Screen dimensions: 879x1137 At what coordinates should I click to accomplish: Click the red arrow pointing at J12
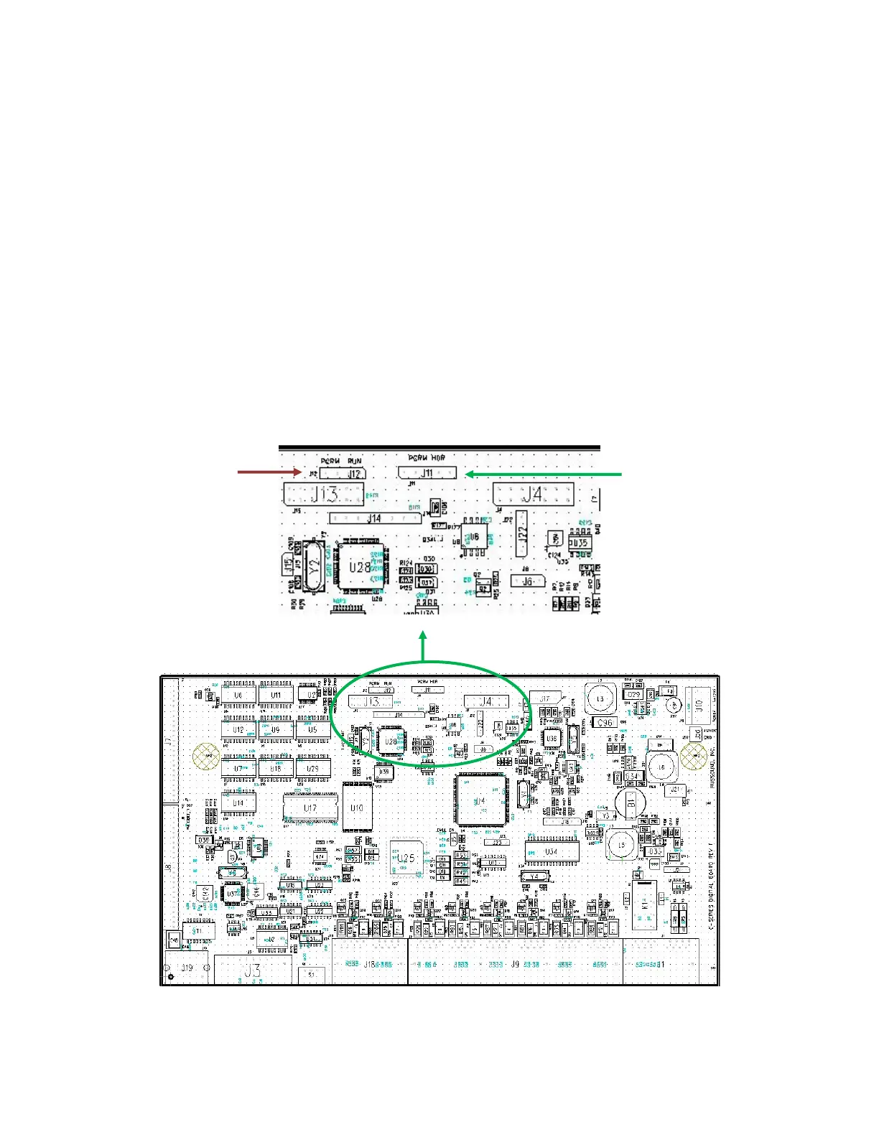270,472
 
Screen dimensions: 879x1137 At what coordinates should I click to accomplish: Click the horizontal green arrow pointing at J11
543,474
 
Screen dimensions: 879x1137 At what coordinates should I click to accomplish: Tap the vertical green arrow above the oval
423,645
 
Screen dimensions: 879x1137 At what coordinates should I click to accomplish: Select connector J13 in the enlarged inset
324,495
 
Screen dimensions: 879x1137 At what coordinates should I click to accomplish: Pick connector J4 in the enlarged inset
533,494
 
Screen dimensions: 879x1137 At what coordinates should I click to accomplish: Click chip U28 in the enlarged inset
361,566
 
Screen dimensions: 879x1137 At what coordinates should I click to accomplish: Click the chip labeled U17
310,808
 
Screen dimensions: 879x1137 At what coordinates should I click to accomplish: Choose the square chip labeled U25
406,858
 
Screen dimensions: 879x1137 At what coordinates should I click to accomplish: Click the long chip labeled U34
551,851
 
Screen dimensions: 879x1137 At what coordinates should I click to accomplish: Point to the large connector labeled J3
253,970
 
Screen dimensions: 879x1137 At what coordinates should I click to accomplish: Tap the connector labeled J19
187,968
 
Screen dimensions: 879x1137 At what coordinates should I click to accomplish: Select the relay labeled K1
645,904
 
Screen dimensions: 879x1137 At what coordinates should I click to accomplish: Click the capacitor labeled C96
605,722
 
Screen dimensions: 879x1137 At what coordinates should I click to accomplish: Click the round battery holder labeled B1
631,802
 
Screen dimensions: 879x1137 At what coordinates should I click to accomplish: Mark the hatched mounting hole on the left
207,756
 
